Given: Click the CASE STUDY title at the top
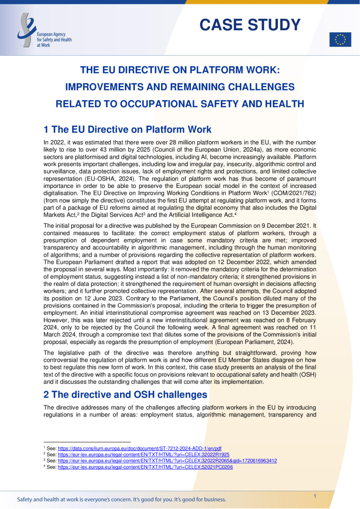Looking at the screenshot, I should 250,24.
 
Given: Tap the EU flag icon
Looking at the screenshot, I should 340,40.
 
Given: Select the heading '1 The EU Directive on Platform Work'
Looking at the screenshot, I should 128,130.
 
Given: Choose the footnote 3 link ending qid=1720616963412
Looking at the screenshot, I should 167,461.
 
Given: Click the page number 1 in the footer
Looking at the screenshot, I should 315,497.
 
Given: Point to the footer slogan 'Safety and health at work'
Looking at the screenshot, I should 121,499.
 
